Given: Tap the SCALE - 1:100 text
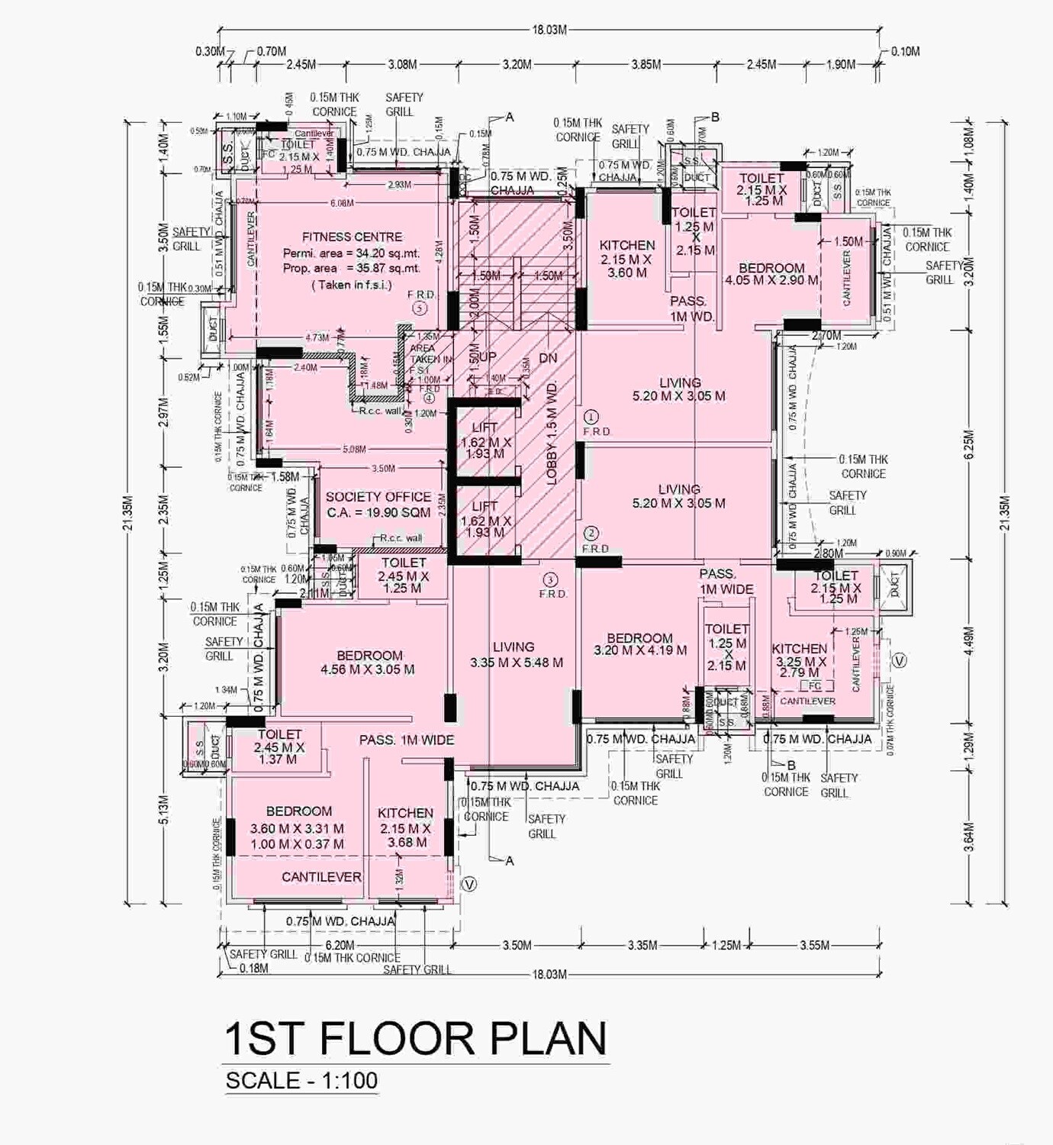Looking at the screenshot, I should point(301,1081).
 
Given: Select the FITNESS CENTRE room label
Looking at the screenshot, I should point(352,237).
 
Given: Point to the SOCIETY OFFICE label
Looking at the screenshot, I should point(378,497).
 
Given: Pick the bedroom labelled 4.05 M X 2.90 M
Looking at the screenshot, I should point(771,274).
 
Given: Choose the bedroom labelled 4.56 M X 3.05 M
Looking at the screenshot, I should point(369,663).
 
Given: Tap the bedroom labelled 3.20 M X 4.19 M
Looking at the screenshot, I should point(639,644).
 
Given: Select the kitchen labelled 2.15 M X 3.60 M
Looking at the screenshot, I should point(627,259).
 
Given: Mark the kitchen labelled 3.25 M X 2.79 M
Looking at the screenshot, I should point(799,660).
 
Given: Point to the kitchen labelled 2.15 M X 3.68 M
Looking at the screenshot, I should point(405,827).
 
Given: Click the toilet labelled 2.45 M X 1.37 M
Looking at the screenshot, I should point(279,747).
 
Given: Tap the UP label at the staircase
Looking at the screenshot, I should point(487,357).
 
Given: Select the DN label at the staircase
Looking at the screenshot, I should point(547,358).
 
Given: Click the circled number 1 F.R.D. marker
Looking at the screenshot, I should point(591,418).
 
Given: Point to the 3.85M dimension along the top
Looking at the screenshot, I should point(646,65).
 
